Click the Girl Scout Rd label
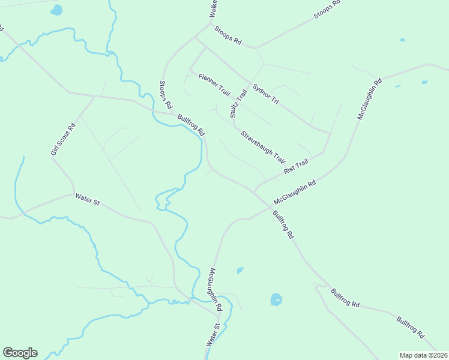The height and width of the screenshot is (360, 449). click(x=62, y=139)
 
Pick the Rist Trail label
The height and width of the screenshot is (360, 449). click(x=296, y=166)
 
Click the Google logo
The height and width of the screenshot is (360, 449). click(x=20, y=353)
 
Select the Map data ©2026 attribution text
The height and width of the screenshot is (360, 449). click(x=423, y=355)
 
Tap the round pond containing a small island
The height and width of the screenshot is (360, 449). click(x=276, y=299)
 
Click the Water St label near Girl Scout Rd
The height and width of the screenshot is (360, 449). click(x=87, y=199)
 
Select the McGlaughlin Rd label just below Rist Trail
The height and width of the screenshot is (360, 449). click(x=294, y=193)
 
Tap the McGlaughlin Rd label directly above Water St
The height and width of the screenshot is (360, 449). click(x=215, y=289)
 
